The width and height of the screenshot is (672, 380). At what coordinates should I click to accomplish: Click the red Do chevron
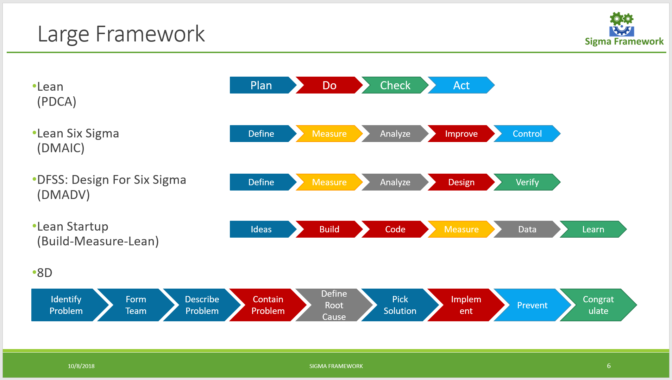[329, 85]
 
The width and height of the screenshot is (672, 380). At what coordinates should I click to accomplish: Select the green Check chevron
[395, 85]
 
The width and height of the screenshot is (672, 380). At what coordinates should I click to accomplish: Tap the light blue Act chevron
[461, 85]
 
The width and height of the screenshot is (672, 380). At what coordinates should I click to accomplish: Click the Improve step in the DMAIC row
[461, 134]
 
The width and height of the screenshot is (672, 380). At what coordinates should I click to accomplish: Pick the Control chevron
[527, 134]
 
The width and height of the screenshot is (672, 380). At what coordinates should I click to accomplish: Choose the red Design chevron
[461, 182]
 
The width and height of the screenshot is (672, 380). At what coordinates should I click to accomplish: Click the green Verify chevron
[527, 182]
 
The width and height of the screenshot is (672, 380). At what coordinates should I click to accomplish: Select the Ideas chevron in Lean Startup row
[261, 230]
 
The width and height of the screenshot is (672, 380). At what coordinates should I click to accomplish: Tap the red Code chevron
[395, 230]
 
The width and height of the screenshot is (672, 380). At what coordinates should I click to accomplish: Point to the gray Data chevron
[527, 230]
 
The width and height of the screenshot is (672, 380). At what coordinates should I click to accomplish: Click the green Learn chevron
[593, 230]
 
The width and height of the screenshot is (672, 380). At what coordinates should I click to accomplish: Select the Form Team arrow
[136, 305]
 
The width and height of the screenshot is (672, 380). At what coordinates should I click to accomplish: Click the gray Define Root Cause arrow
[334, 305]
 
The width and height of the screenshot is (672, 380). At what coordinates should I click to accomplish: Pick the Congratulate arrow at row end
[598, 305]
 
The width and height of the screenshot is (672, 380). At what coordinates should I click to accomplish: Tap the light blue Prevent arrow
[532, 305]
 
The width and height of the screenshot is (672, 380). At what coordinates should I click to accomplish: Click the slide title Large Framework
[121, 34]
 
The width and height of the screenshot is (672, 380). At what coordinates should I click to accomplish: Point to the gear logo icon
[622, 24]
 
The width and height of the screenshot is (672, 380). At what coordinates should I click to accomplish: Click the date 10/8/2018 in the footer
[81, 366]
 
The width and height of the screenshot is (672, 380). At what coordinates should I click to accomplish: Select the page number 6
[609, 366]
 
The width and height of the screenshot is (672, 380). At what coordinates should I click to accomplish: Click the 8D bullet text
[45, 273]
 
